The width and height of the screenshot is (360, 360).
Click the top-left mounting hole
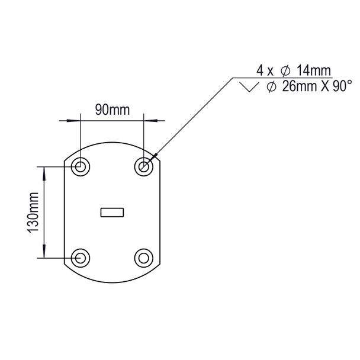(81, 167)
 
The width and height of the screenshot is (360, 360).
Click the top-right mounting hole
(143, 167)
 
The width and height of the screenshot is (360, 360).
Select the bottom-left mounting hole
(81, 258)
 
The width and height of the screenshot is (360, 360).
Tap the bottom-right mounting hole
(143, 258)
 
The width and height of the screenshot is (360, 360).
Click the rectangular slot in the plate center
(112, 211)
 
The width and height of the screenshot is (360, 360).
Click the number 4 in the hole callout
(259, 70)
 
